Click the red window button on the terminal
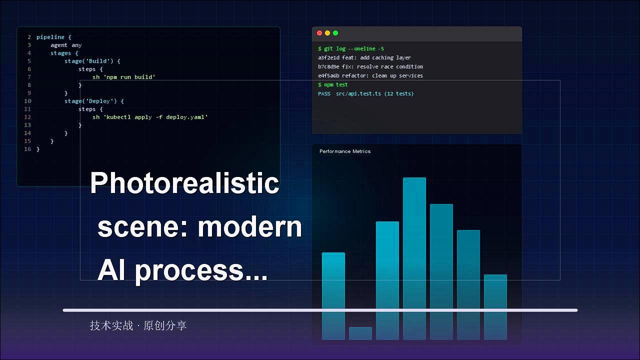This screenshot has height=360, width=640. (x=319, y=33)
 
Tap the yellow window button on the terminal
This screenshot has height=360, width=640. (x=327, y=33)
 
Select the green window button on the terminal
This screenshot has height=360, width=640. (x=335, y=33)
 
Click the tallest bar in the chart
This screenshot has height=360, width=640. (x=414, y=258)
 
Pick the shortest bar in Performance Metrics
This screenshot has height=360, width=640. (x=360, y=333)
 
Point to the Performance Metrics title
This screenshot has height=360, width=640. (x=345, y=151)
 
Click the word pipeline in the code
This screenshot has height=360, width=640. (x=50, y=37)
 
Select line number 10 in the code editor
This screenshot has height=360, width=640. (x=27, y=101)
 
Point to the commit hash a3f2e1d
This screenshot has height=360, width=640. (x=328, y=57)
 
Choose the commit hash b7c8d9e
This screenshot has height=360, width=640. (x=328, y=67)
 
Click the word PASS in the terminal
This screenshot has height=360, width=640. (x=324, y=93)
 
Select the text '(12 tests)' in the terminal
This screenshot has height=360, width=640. (x=399, y=93)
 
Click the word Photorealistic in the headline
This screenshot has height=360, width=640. (x=184, y=183)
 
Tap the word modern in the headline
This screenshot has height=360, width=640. (x=250, y=227)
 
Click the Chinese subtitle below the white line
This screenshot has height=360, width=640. (x=138, y=325)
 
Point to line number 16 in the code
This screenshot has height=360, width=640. (x=27, y=149)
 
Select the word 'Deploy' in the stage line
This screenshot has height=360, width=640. (x=101, y=101)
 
